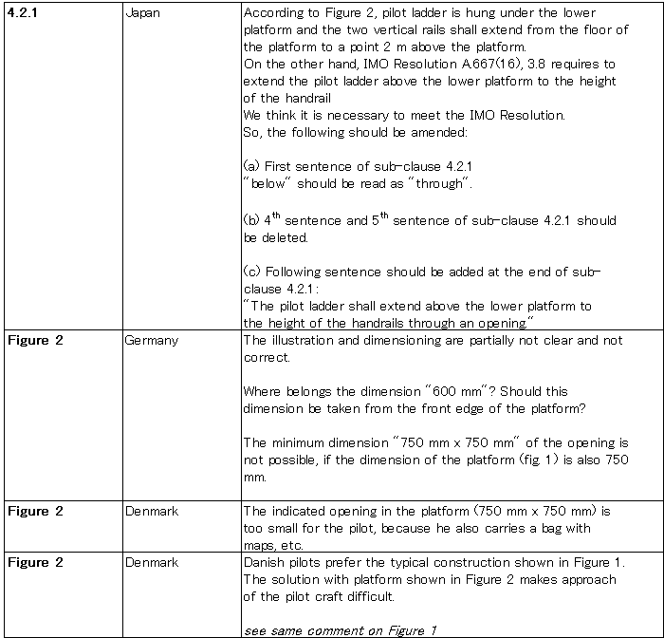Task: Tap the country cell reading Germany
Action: click(151, 340)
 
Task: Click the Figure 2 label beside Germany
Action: click(35, 340)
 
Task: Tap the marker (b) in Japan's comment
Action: click(251, 220)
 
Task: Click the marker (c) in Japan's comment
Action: click(251, 272)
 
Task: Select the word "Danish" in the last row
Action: click(265, 563)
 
